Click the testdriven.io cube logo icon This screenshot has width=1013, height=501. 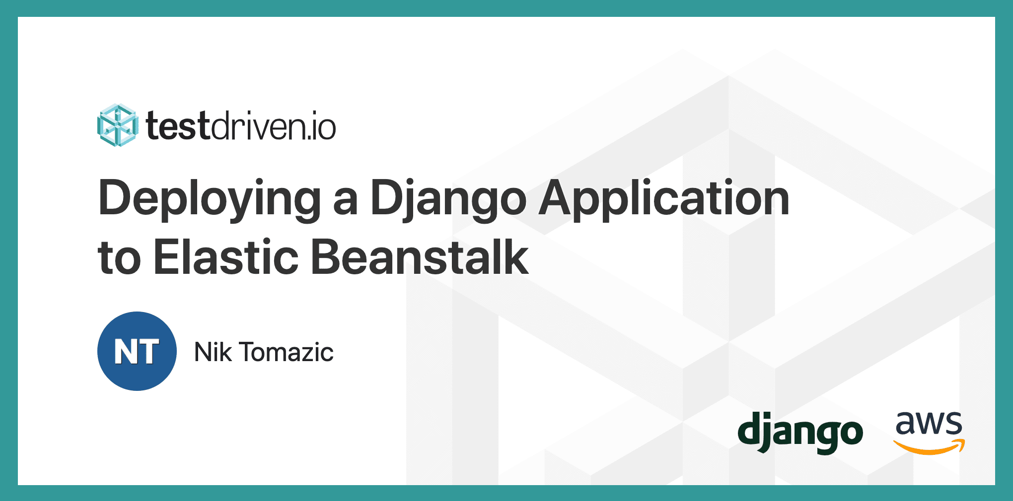point(118,125)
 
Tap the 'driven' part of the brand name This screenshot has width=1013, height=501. point(255,127)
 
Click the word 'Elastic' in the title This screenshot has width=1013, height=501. point(226,257)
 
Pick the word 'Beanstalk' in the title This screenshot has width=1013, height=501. point(420,257)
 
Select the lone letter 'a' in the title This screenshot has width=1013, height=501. point(345,202)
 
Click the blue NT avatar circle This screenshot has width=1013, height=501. point(137,351)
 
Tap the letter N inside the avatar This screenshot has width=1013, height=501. point(124,352)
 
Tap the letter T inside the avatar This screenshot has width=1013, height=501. point(149,352)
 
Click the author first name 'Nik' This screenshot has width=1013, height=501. point(213,352)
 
